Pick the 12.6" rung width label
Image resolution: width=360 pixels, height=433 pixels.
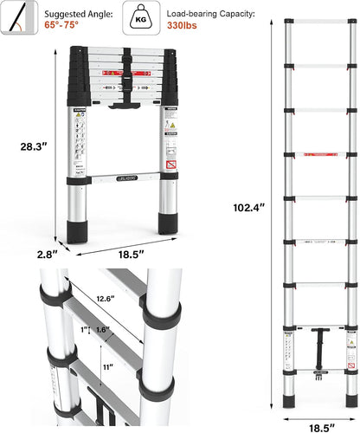pos(106,300)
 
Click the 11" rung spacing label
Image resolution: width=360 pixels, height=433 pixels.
pos(106,367)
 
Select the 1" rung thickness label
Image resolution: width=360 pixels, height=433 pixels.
pos(83,330)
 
